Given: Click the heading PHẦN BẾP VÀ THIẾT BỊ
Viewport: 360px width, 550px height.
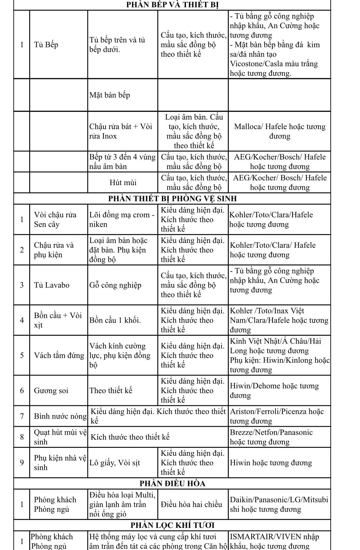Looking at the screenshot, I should coord(172,5).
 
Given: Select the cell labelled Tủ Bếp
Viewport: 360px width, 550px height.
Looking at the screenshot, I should coord(46,44).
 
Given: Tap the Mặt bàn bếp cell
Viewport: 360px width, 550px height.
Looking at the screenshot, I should coord(110,95).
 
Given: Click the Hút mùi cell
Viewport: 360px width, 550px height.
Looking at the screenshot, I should coord(123,182).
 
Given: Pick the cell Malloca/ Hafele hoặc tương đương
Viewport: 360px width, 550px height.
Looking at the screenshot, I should coord(280,131).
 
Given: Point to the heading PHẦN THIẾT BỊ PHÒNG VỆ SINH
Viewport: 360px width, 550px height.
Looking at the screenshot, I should coord(172,198).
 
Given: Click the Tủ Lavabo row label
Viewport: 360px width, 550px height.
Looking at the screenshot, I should coord(52,285).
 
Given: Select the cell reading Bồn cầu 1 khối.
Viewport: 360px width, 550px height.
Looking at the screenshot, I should coord(115,320).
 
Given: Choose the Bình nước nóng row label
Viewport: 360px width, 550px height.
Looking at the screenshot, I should coord(60,416).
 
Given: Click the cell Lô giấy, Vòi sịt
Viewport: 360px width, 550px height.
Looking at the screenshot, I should coord(115,463).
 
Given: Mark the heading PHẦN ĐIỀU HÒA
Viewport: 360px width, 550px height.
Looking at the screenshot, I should coord(172,483).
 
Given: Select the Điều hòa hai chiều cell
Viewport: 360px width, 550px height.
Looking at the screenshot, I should coord(191,505).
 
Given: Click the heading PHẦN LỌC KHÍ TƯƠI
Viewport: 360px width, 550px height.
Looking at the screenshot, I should coord(172,525).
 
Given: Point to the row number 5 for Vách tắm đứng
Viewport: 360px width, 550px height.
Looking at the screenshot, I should coord(22,355).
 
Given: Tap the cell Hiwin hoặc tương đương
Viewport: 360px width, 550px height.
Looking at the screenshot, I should coord(271,463).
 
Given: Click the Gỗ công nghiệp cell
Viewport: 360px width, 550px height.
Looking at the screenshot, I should coord(115,285).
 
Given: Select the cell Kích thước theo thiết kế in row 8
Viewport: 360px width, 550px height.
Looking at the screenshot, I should coord(130,437).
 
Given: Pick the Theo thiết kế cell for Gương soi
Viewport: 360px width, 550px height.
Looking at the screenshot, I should coord(111,391).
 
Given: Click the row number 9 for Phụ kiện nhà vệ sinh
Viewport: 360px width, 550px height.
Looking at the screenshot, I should coord(22,463).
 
